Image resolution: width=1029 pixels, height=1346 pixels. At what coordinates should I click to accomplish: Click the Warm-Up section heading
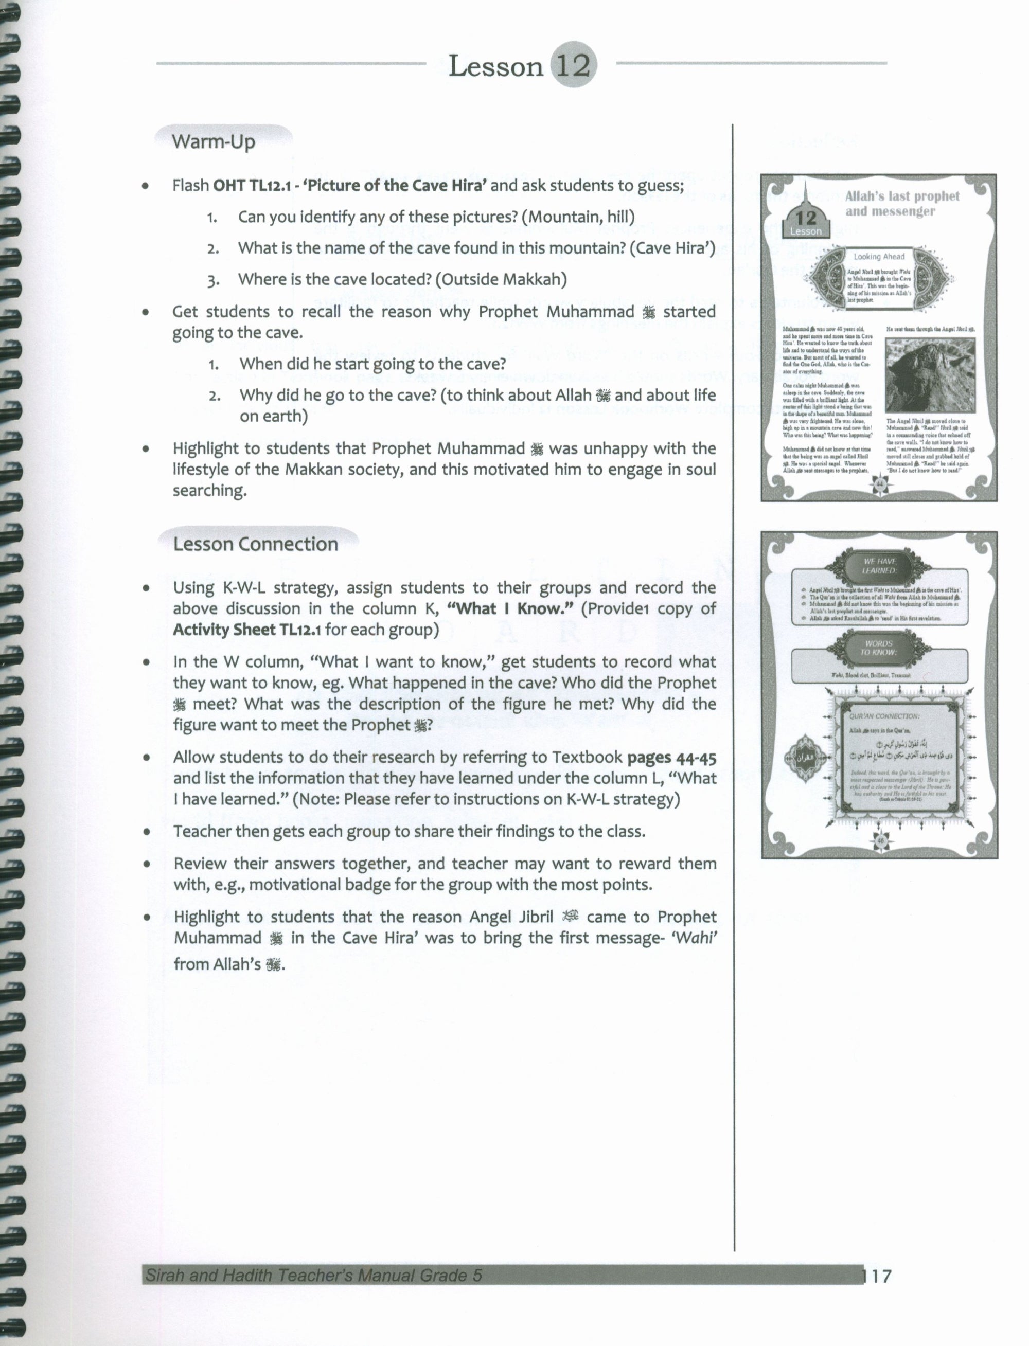(213, 141)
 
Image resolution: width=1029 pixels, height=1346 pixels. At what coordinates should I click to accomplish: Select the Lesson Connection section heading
(255, 544)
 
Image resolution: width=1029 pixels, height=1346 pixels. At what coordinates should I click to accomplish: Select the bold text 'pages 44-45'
(671, 758)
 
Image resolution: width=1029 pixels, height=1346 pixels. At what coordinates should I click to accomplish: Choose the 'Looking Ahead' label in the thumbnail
(879, 257)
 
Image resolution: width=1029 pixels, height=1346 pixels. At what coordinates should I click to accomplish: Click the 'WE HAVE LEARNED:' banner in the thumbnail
(880, 565)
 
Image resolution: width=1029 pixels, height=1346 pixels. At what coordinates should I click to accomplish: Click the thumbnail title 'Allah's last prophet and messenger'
(901, 204)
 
